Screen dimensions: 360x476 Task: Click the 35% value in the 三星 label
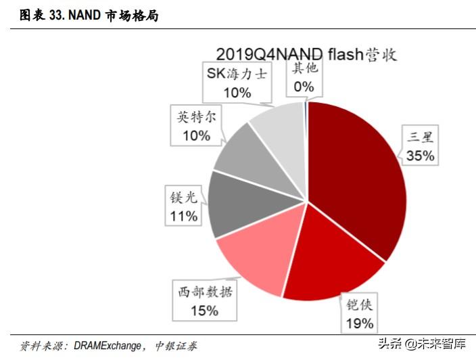(x=420, y=156)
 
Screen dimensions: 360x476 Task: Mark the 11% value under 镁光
(x=183, y=216)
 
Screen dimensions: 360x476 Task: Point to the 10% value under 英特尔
(x=195, y=135)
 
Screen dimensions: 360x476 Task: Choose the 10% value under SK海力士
(x=237, y=92)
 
